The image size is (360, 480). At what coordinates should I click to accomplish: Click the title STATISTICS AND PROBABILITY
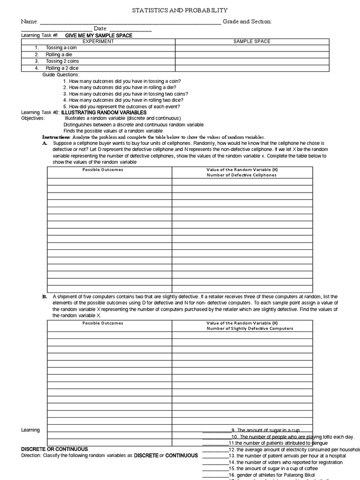pyautogui.click(x=180, y=10)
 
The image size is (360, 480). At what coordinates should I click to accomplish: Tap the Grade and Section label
pyautogui.click(x=247, y=22)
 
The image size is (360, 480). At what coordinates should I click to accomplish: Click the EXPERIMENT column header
pyautogui.click(x=98, y=41)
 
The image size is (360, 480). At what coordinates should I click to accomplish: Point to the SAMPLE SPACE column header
pyautogui.click(x=252, y=41)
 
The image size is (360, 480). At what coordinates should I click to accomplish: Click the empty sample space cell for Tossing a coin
pyautogui.click(x=252, y=48)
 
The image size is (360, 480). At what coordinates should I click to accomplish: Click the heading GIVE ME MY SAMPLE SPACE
pyautogui.click(x=98, y=36)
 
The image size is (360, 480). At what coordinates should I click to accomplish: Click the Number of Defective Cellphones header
pyautogui.click(x=242, y=175)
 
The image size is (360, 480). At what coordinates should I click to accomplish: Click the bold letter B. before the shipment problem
pyautogui.click(x=45, y=297)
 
